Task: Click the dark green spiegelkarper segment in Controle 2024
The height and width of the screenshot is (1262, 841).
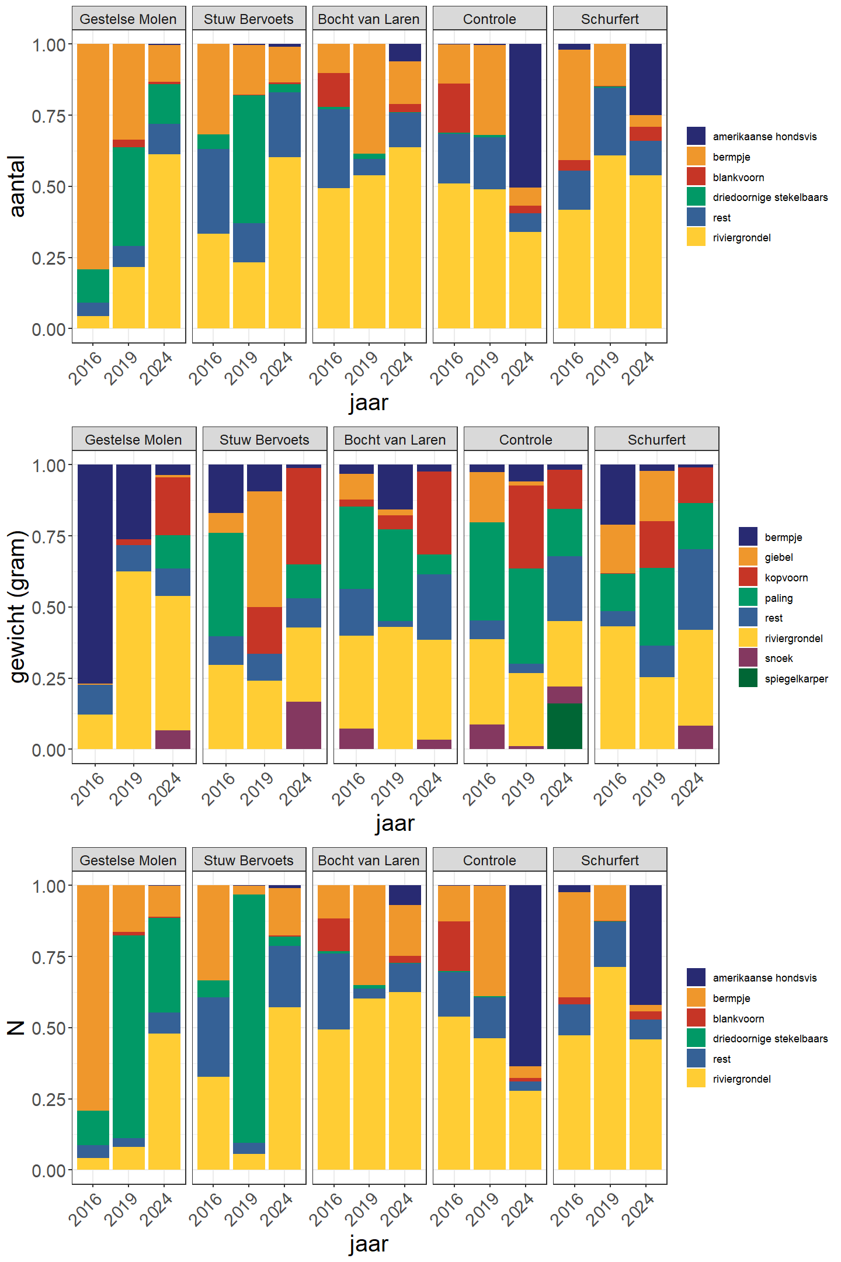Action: (564, 726)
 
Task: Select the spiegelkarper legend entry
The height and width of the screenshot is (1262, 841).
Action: (795, 679)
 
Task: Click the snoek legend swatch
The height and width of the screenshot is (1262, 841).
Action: (748, 658)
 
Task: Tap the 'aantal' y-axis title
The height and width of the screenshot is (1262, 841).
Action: (18, 186)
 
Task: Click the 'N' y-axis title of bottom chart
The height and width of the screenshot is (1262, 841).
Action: (16, 1028)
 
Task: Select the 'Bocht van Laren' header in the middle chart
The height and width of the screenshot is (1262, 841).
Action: (395, 439)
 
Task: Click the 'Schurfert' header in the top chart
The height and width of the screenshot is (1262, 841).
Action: (610, 19)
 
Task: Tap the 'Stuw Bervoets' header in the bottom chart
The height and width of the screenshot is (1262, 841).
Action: (248, 860)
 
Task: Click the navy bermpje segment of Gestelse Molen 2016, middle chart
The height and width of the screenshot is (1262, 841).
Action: (95, 573)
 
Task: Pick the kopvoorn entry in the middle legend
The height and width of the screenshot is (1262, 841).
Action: (786, 578)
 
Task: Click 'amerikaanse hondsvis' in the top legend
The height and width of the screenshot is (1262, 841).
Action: (764, 137)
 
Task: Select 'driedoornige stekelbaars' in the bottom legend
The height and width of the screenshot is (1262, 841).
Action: (770, 1039)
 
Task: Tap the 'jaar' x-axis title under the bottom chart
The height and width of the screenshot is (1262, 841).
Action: (369, 1243)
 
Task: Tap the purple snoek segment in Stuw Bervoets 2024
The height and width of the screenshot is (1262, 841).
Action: (303, 725)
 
